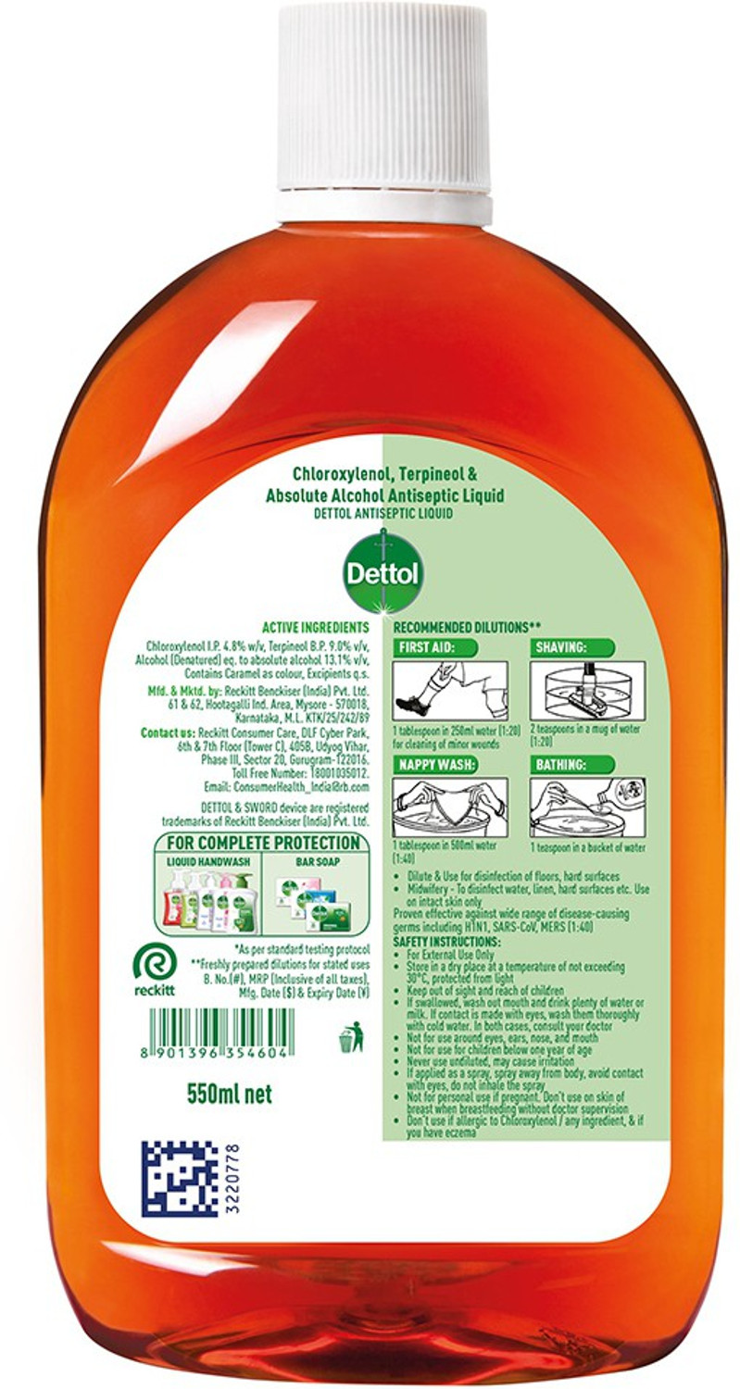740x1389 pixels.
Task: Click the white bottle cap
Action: [x=383, y=102]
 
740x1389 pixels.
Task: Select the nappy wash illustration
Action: [x=449, y=807]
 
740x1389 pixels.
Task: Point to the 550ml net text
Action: [x=230, y=1095]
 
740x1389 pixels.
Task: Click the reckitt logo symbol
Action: [x=151, y=962]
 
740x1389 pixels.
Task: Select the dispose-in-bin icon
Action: [x=350, y=1037]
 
